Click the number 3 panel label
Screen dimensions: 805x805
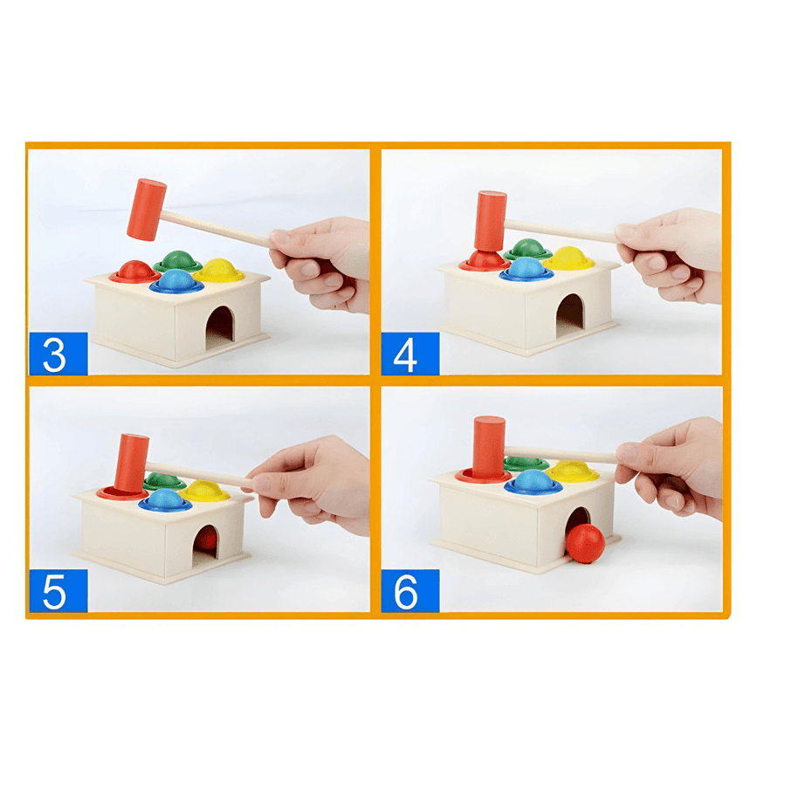pyautogui.click(x=58, y=354)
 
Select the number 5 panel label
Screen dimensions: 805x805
pyautogui.click(x=58, y=591)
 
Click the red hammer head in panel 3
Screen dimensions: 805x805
pyautogui.click(x=146, y=210)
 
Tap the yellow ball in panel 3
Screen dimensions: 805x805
pyautogui.click(x=218, y=269)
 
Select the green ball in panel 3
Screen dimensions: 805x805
pyautogui.click(x=178, y=260)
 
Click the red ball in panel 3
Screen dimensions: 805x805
pyautogui.click(x=135, y=270)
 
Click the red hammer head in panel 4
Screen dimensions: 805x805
pyautogui.click(x=491, y=220)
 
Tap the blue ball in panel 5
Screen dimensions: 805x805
pyautogui.click(x=165, y=499)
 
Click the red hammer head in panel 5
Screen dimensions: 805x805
pyautogui.click(x=132, y=463)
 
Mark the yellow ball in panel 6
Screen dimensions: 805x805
pyautogui.click(x=573, y=471)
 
